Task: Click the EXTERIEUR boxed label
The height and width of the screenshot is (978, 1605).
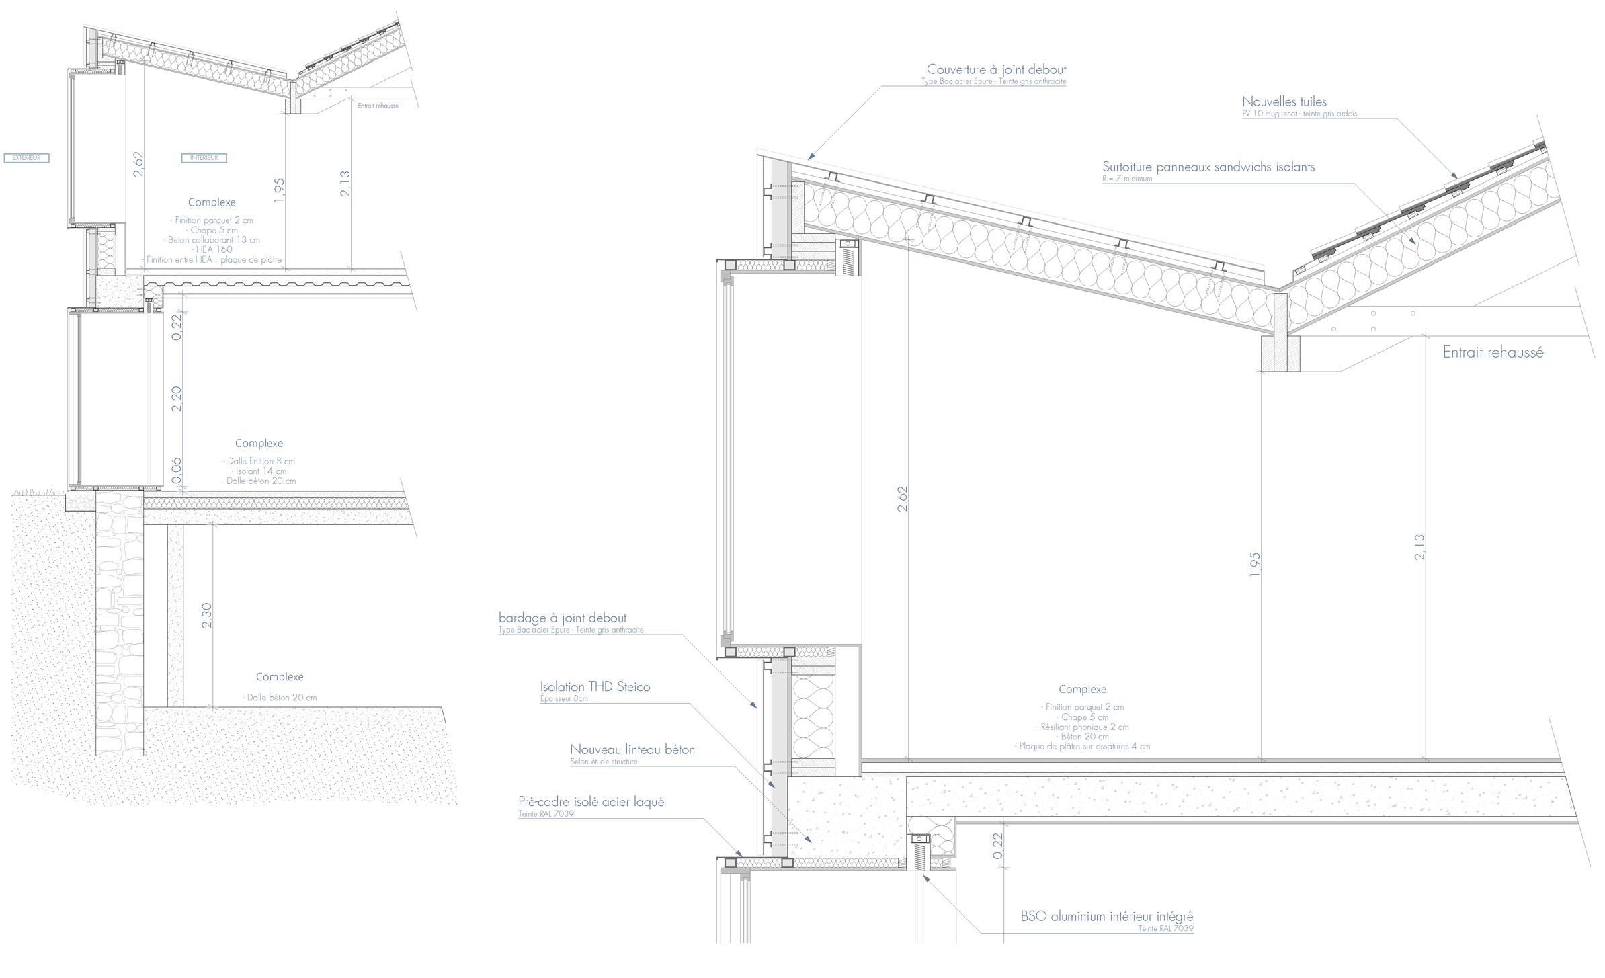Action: tap(27, 158)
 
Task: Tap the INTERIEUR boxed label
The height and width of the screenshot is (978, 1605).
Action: tap(204, 158)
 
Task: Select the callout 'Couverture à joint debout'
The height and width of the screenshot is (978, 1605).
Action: tap(996, 69)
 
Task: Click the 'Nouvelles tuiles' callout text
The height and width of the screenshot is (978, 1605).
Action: tap(1284, 102)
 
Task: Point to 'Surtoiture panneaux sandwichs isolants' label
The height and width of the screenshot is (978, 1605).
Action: tap(1208, 167)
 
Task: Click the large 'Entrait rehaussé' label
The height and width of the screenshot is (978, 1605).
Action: tap(1493, 352)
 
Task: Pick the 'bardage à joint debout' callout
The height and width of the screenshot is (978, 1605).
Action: tap(563, 618)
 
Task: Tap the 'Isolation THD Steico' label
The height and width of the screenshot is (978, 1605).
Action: tap(595, 687)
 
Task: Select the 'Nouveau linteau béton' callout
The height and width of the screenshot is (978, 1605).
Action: tap(632, 749)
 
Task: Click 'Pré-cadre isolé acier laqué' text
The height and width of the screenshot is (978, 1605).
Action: tap(591, 802)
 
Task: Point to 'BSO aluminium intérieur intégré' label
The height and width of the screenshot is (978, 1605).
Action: tap(1106, 916)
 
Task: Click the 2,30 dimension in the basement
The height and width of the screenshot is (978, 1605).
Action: tap(206, 615)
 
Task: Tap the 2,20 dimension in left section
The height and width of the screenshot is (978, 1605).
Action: tap(177, 399)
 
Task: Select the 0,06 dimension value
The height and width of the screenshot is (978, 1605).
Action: tap(177, 471)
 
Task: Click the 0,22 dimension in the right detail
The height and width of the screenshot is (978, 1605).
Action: tap(997, 846)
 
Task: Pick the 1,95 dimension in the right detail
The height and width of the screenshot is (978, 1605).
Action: tap(1254, 565)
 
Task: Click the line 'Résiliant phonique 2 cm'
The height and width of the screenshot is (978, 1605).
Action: tap(1082, 727)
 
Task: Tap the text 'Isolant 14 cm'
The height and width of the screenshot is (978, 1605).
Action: tap(259, 471)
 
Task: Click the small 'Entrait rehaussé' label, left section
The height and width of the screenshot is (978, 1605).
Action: tap(378, 106)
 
